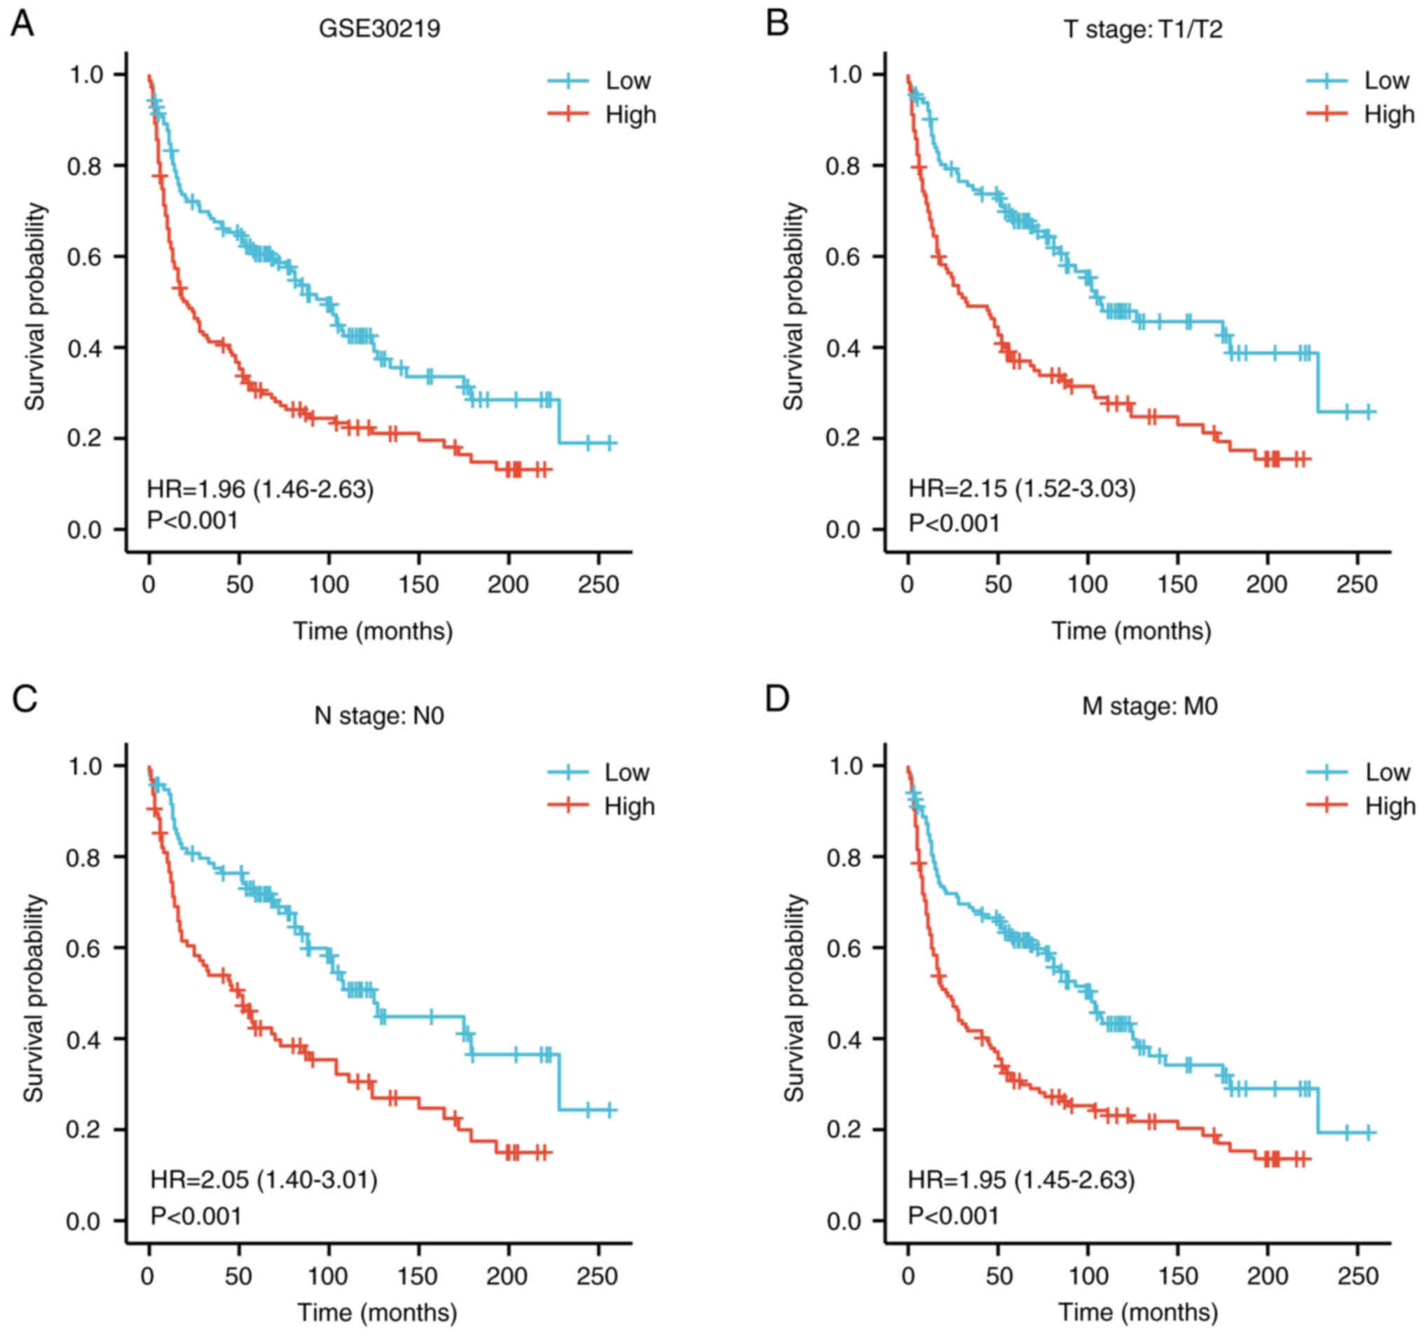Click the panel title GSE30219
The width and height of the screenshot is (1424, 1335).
(x=379, y=29)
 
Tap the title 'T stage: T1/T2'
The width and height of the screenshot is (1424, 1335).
(x=1142, y=29)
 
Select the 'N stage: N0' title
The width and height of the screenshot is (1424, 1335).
(x=379, y=716)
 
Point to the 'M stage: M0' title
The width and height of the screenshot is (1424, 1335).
(x=1149, y=706)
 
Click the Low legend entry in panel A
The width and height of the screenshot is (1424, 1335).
(x=627, y=81)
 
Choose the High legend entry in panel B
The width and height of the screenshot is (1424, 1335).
(x=1388, y=115)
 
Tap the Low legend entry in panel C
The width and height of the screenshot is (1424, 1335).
(x=626, y=772)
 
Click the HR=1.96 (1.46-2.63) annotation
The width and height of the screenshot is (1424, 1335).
(x=260, y=489)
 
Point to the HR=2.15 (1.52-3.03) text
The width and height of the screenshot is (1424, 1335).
(x=1022, y=489)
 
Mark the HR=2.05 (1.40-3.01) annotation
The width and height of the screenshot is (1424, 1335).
(x=263, y=1179)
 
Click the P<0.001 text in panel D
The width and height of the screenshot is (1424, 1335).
(x=952, y=1215)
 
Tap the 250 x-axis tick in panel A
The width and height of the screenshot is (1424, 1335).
(x=597, y=585)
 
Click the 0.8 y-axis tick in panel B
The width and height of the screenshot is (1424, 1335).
(x=842, y=166)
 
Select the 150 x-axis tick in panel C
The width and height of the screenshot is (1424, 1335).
(x=417, y=1275)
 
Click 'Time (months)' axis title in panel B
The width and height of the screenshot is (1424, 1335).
(x=1131, y=631)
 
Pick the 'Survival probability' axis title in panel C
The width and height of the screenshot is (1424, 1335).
(x=34, y=997)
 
